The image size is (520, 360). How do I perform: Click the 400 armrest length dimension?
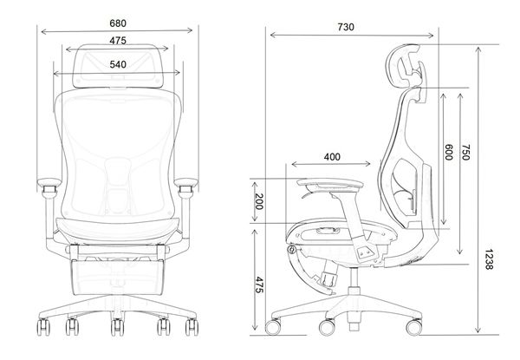coord(331,156)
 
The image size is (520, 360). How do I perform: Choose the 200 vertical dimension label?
coord(258,203)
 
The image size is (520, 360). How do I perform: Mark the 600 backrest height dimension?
coord(449,151)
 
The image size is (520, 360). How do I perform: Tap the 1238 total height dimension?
coord(491,261)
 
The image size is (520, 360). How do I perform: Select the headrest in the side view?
coord(406,65)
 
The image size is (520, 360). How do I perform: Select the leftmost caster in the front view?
coord(41,331)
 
